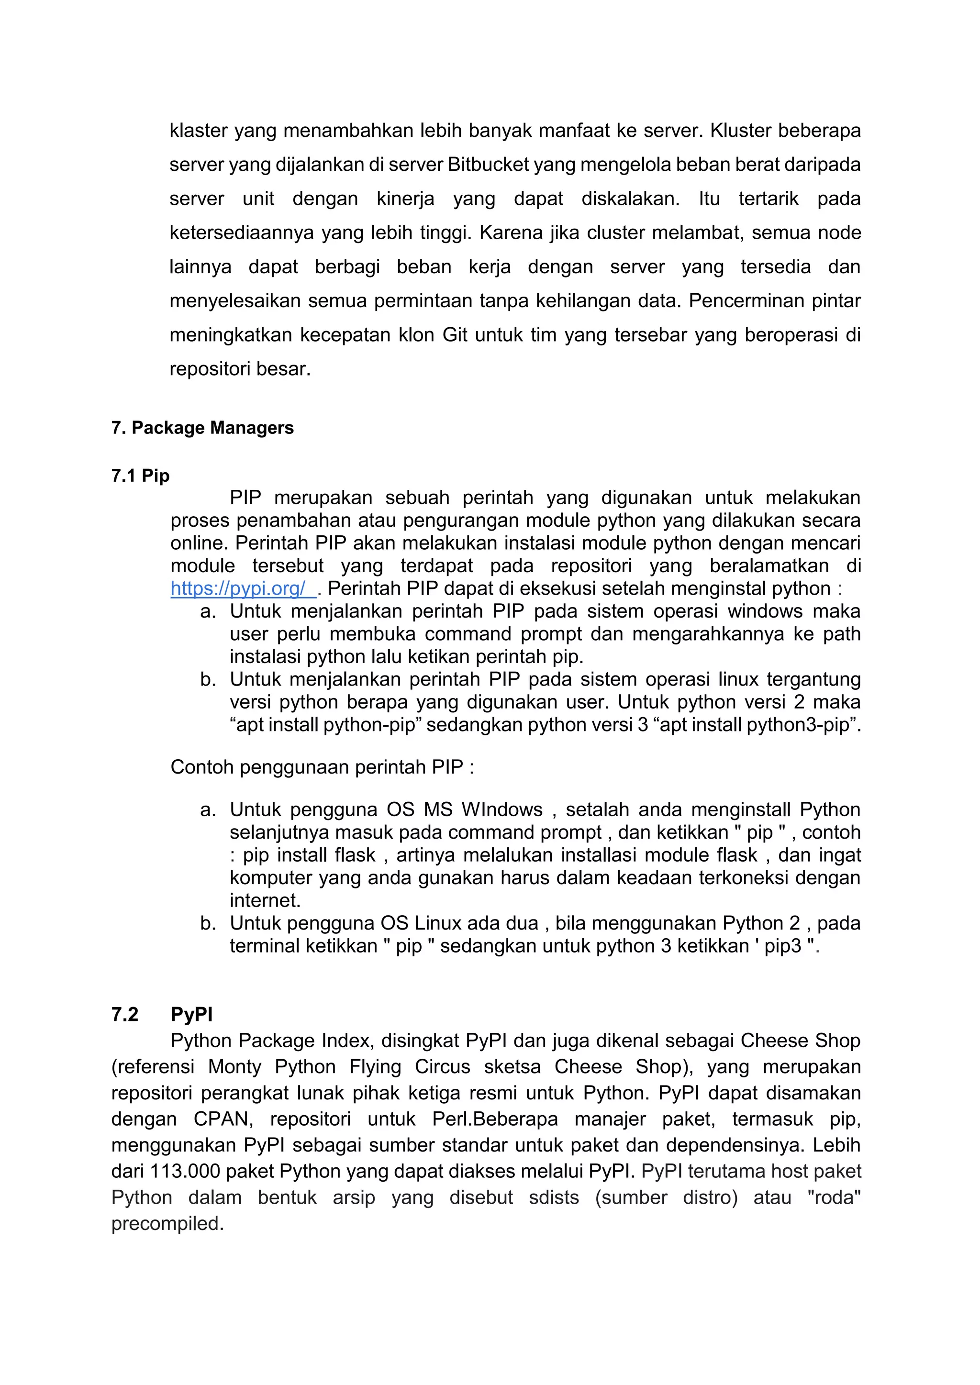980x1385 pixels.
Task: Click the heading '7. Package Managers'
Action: click(202, 428)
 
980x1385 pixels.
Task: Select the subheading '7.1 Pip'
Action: click(140, 476)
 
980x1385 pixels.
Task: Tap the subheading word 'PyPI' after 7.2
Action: click(191, 1014)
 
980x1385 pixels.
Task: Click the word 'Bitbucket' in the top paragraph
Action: click(488, 165)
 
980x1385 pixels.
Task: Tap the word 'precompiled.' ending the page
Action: click(168, 1223)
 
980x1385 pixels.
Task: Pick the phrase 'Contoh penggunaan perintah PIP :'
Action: click(322, 767)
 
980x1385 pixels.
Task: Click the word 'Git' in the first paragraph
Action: click(455, 335)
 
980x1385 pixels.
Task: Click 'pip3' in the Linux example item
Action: click(783, 946)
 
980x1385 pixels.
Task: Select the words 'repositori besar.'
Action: click(240, 368)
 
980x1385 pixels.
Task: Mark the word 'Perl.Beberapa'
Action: click(495, 1119)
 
